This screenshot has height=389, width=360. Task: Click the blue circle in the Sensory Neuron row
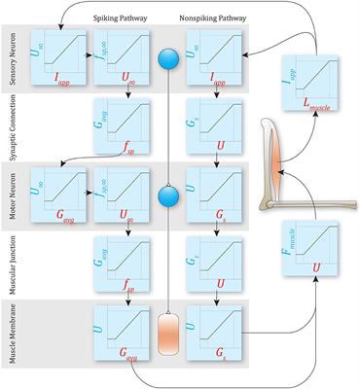[x=163, y=56]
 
